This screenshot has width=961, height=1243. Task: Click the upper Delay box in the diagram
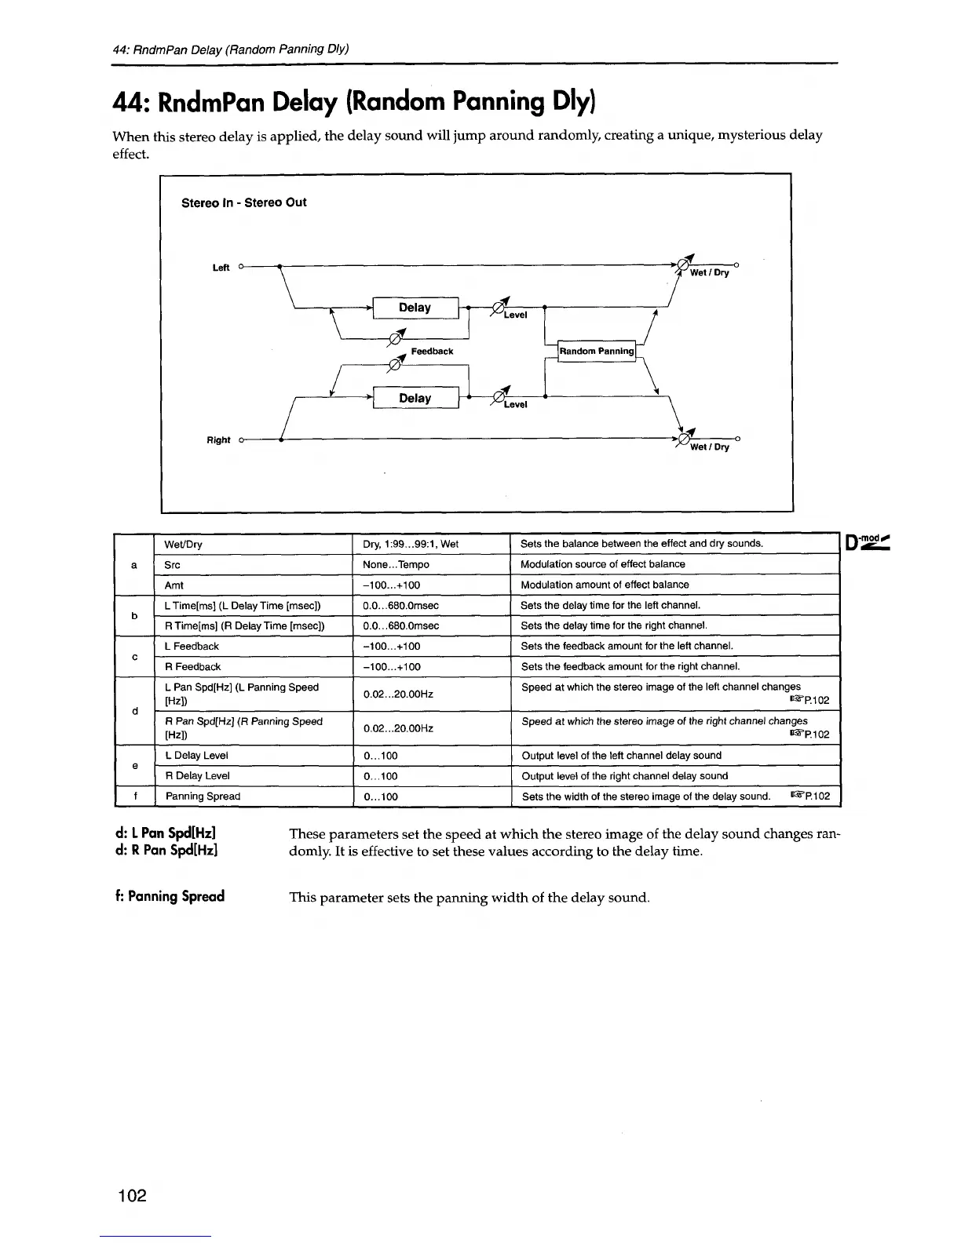[415, 308]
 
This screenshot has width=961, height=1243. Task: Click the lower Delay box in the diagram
[415, 398]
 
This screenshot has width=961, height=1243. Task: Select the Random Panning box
[597, 351]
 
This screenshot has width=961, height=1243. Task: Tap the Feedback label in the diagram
[432, 351]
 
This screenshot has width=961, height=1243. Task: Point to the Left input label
[221, 268]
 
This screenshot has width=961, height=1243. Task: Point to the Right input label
[218, 440]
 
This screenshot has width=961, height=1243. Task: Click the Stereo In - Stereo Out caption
[243, 202]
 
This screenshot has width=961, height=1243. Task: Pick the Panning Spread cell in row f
[203, 796]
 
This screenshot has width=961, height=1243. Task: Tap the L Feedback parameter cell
[192, 647]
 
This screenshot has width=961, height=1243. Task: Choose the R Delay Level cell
[197, 776]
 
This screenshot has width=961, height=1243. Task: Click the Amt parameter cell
[174, 585]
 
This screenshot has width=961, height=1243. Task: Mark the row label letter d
[135, 711]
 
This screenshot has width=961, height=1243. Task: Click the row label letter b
[135, 616]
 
